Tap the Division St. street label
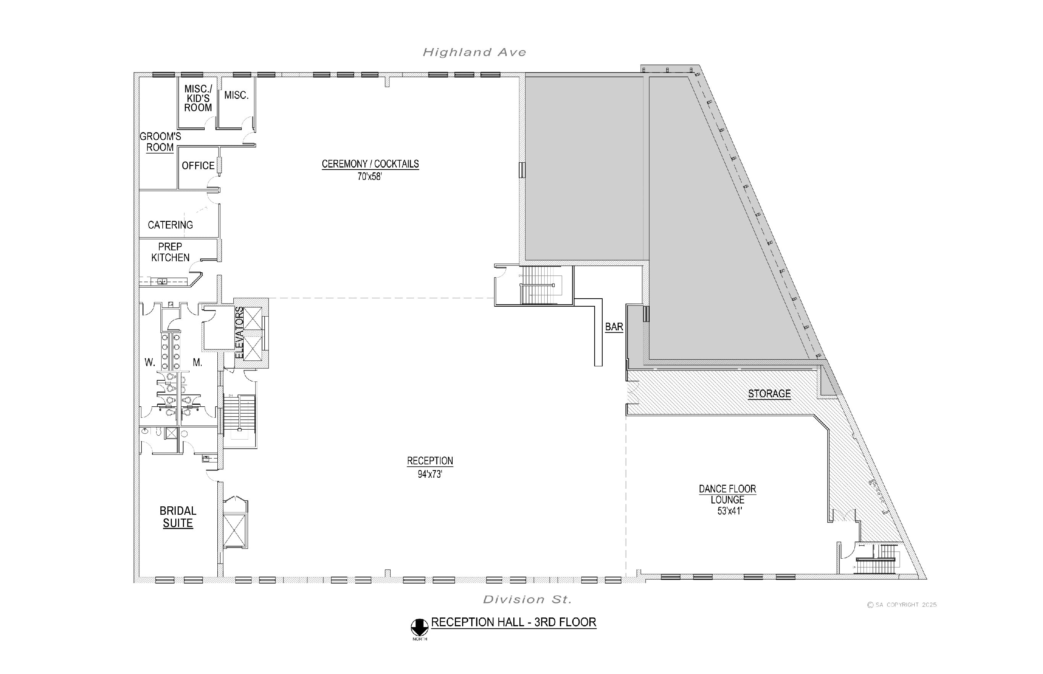pos(527,599)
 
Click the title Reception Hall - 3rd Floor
pos(514,622)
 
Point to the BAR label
pos(614,327)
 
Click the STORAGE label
pos(769,394)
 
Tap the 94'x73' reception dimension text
pos(430,474)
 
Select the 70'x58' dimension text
pos(370,177)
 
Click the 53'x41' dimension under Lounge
pos(729,511)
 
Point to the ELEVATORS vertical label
pos(239,333)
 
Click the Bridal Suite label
pos(178,517)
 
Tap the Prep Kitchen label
pos(170,252)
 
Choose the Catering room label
pos(170,225)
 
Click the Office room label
pos(198,166)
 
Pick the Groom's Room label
pos(160,142)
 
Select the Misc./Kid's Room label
pos(198,99)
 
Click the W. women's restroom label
pos(150,362)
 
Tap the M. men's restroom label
pos(197,362)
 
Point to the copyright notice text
pos(902,605)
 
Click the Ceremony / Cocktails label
pos(370,164)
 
